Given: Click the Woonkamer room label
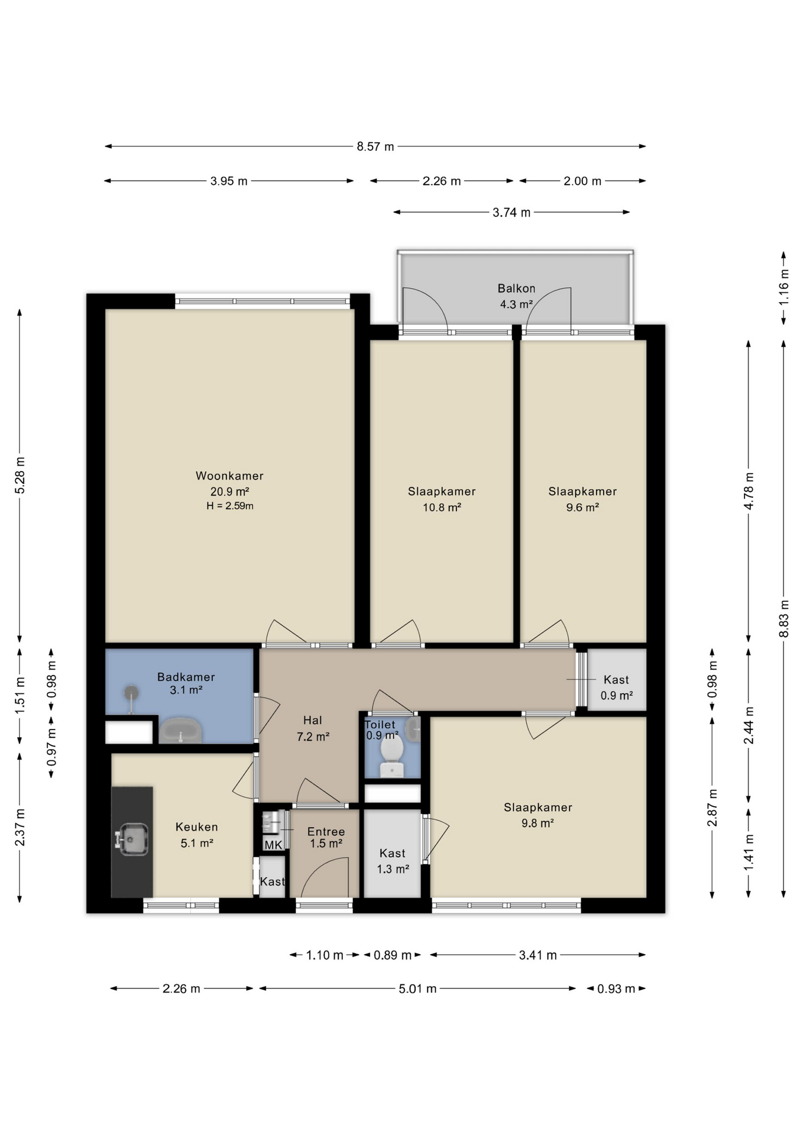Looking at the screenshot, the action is [229, 476].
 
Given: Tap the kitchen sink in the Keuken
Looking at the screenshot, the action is [132, 839].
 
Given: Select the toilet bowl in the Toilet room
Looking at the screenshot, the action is [391, 757].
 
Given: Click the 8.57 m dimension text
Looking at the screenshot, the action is [375, 147].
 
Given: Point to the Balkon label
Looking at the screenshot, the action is [516, 288].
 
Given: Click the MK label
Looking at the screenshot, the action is [273, 845].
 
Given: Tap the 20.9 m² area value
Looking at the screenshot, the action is [229, 491].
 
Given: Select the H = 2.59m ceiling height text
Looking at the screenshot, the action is [230, 506].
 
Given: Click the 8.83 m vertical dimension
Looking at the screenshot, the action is [784, 618].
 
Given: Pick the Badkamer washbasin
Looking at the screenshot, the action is [181, 731].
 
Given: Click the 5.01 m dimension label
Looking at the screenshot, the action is [417, 988].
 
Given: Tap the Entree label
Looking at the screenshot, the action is [326, 832].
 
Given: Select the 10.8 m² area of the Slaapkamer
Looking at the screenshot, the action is [442, 507].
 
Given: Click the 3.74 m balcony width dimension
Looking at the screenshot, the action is [511, 212].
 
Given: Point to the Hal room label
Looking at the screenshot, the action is [313, 720].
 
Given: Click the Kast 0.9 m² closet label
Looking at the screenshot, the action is [616, 688].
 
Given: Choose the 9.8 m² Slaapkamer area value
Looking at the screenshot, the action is [538, 823].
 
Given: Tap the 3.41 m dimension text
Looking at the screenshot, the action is [538, 955].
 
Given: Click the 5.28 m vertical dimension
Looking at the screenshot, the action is [20, 475].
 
